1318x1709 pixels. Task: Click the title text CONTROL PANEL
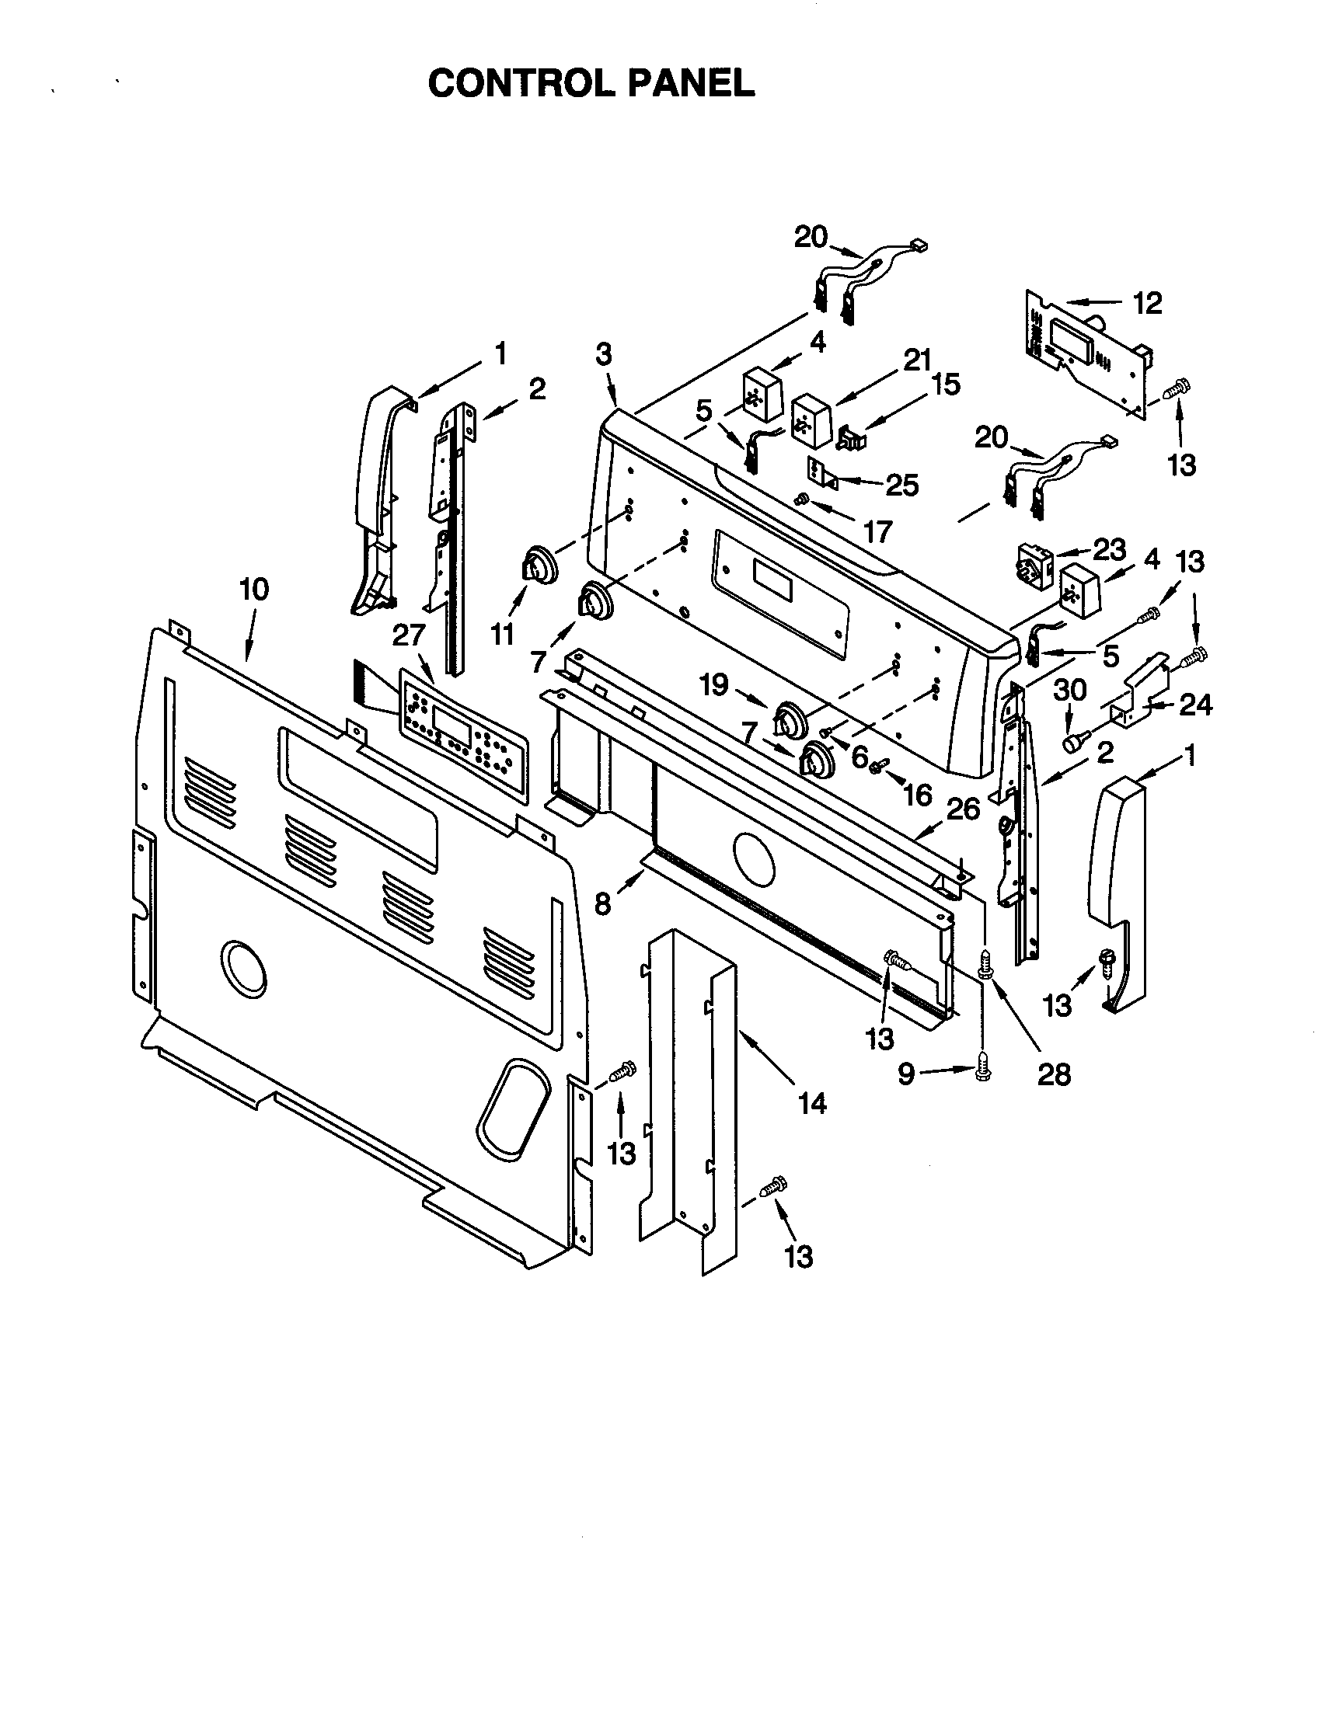coord(591,82)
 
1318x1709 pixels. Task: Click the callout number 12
coord(1147,303)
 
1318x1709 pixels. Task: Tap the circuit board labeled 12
coord(1088,352)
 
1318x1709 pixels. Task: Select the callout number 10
coord(253,590)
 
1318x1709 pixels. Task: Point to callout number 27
coord(408,635)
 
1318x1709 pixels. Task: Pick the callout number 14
coord(811,1103)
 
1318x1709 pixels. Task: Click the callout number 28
coord(1053,1074)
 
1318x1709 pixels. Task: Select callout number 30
coord(1070,689)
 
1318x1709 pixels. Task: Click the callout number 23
coord(1109,550)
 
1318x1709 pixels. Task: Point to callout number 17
coord(877,532)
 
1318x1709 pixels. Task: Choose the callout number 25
coord(901,486)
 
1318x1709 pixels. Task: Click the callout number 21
coord(916,360)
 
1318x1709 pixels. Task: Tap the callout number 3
coord(602,354)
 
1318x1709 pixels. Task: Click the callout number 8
coord(601,903)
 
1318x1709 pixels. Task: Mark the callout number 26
coord(964,809)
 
